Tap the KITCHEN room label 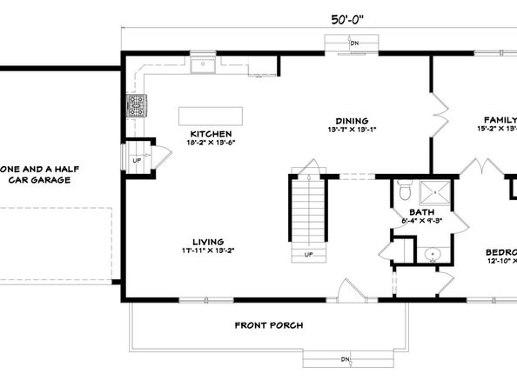[x=211, y=134]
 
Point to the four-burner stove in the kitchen [x=137, y=106]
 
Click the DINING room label [x=352, y=121]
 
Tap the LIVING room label [x=209, y=242]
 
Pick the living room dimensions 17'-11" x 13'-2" [x=209, y=250]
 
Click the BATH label [x=422, y=213]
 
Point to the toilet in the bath [x=404, y=190]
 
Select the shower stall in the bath [x=435, y=191]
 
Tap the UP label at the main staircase [x=308, y=254]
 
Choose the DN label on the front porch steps [x=345, y=358]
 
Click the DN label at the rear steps [x=354, y=42]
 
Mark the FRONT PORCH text [x=269, y=325]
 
